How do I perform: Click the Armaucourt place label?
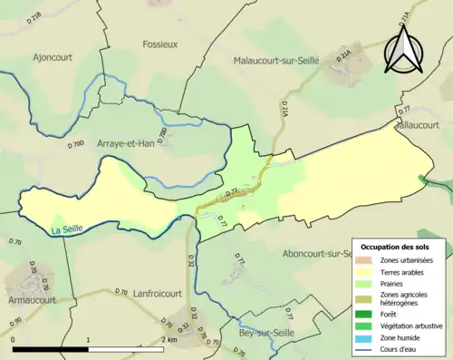tap(28, 298)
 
